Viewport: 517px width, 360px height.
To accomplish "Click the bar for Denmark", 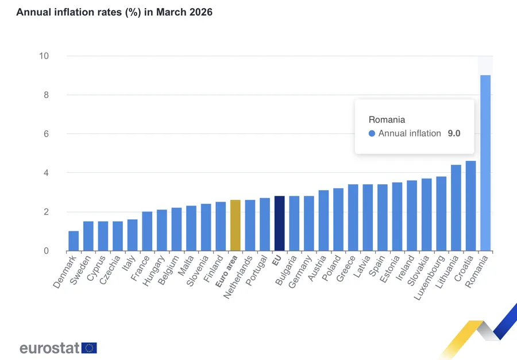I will pyautogui.click(x=74, y=241).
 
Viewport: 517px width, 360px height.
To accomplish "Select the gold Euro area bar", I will pyautogui.click(x=235, y=226).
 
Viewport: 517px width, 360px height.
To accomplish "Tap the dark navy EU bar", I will pyautogui.click(x=279, y=223).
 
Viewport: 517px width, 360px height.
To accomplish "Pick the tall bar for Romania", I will pyautogui.click(x=485, y=163).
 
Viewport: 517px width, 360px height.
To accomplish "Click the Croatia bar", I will pyautogui.click(x=470, y=206).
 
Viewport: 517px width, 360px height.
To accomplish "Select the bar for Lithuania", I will pyautogui.click(x=456, y=208).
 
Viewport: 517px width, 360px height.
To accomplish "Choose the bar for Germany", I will pyautogui.click(x=308, y=223).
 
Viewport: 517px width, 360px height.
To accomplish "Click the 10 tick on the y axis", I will pyautogui.click(x=44, y=56).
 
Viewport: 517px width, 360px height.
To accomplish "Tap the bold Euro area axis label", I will pyautogui.click(x=225, y=270).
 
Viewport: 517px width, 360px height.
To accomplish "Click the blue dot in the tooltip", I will pyautogui.click(x=372, y=133).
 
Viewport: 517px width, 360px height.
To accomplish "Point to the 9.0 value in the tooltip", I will pyautogui.click(x=454, y=133).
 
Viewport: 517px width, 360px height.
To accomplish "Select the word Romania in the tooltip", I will pyautogui.click(x=387, y=120).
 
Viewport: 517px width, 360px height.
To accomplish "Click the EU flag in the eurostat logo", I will pyautogui.click(x=89, y=348).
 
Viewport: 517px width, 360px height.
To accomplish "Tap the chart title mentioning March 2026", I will pyautogui.click(x=114, y=12).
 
